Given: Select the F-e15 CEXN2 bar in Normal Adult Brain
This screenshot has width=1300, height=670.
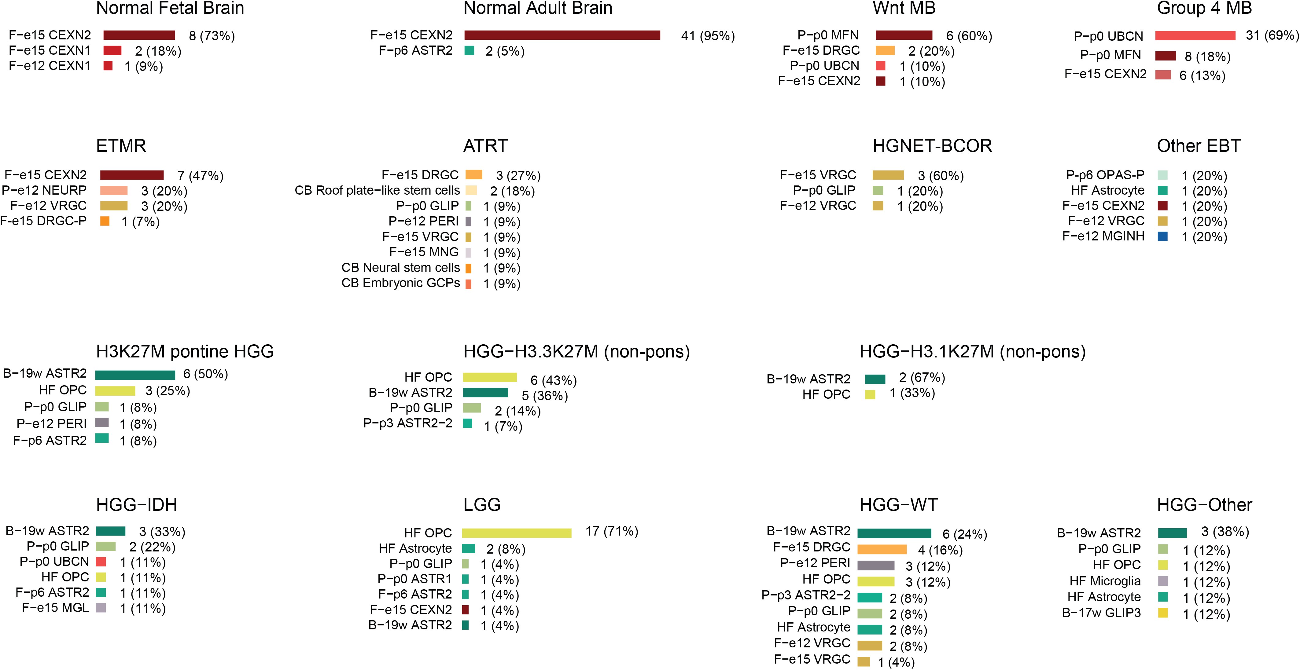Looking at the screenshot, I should point(562,35).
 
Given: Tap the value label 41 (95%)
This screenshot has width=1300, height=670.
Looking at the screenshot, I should point(708,36).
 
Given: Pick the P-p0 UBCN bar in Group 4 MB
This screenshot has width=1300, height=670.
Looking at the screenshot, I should point(1195,36).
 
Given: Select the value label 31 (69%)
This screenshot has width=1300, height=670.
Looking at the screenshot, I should point(1272,35).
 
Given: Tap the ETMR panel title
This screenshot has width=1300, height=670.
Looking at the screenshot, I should point(121,146).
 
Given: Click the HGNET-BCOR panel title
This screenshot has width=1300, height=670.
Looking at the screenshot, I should point(932,146).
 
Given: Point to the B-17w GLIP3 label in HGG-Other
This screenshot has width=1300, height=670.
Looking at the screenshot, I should point(1101,613).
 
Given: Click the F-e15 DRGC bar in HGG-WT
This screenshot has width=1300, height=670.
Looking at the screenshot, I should point(882,549).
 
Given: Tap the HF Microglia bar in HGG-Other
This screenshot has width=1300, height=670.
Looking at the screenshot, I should point(1163,581).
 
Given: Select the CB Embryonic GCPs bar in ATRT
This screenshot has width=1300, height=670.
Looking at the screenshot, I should point(468,284).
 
